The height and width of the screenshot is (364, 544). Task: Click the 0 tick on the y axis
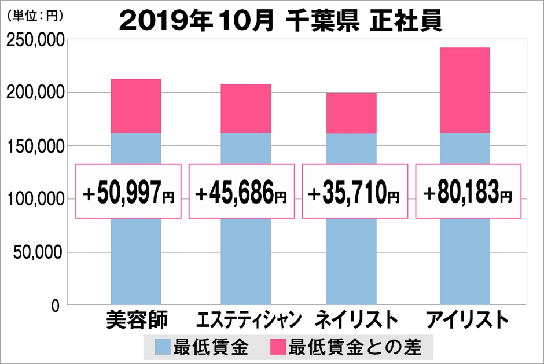[57, 306]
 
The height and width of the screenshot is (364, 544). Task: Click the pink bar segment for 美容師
[135, 106]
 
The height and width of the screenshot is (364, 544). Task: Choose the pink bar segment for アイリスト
[465, 90]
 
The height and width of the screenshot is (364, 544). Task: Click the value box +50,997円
[128, 191]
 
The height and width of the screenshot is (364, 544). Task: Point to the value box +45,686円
[241, 191]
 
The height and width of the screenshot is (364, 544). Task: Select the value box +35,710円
[355, 191]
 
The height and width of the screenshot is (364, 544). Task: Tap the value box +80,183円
[468, 191]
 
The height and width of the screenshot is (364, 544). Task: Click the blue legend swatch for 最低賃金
[163, 347]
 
